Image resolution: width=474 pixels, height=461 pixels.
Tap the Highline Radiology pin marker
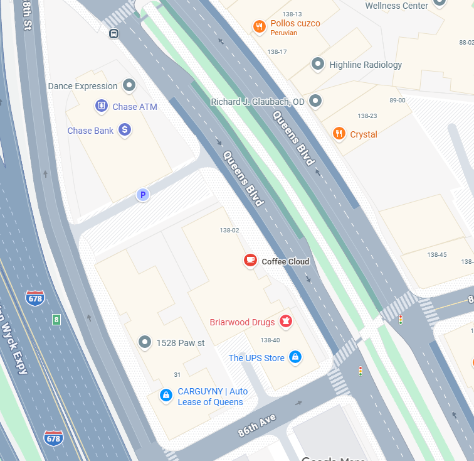tap(318, 64)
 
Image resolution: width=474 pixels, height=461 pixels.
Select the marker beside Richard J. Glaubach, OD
tap(315, 100)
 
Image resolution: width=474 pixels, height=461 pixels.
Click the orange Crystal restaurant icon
tap(339, 133)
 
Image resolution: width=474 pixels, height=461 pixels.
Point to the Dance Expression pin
tap(130, 85)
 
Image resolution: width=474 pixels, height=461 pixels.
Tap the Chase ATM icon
tap(101, 106)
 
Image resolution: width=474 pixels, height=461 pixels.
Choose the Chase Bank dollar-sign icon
tap(125, 130)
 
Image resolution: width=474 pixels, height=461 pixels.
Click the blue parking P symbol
tap(143, 195)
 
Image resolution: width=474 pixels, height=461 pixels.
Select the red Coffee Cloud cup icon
tap(250, 260)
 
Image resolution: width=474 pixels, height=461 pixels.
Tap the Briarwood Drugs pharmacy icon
tap(286, 322)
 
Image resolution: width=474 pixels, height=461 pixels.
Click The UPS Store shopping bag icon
tap(295, 357)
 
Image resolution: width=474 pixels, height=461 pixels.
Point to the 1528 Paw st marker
tap(145, 342)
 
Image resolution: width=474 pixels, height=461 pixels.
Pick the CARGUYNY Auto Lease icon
tap(166, 395)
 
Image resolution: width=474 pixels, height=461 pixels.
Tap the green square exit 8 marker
tap(56, 320)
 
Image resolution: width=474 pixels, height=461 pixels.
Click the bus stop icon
tap(113, 34)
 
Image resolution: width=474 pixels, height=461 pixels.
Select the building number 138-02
tap(229, 230)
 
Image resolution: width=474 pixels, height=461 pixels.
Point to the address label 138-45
tap(436, 254)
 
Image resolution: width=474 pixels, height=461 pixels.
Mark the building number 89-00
tap(397, 100)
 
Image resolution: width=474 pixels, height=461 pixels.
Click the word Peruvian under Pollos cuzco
tap(283, 33)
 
